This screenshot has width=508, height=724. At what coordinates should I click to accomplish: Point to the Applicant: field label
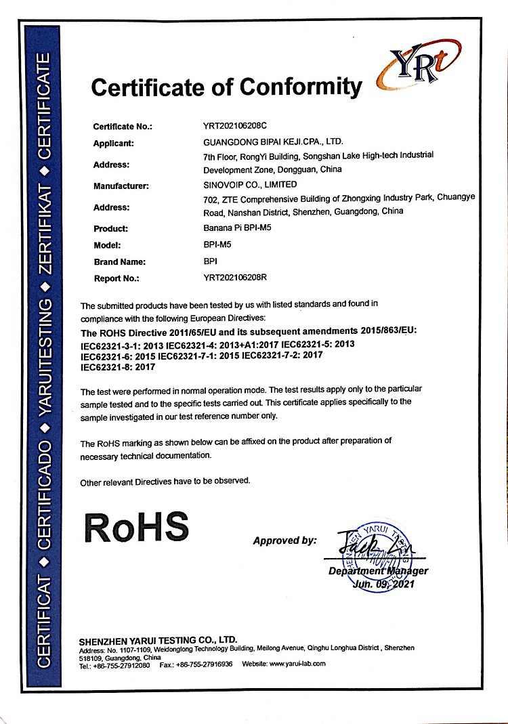113,143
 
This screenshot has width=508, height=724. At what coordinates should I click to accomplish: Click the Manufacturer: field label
121,185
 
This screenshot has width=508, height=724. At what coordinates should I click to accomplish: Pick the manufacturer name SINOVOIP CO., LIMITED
250,184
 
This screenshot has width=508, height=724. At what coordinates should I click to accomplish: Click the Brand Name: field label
119,261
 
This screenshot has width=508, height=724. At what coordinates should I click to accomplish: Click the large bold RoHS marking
135,526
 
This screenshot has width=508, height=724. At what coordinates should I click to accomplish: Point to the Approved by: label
284,540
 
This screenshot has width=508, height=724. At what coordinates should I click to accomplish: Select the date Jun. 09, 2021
383,584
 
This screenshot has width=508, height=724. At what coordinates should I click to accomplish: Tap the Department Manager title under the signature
378,571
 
